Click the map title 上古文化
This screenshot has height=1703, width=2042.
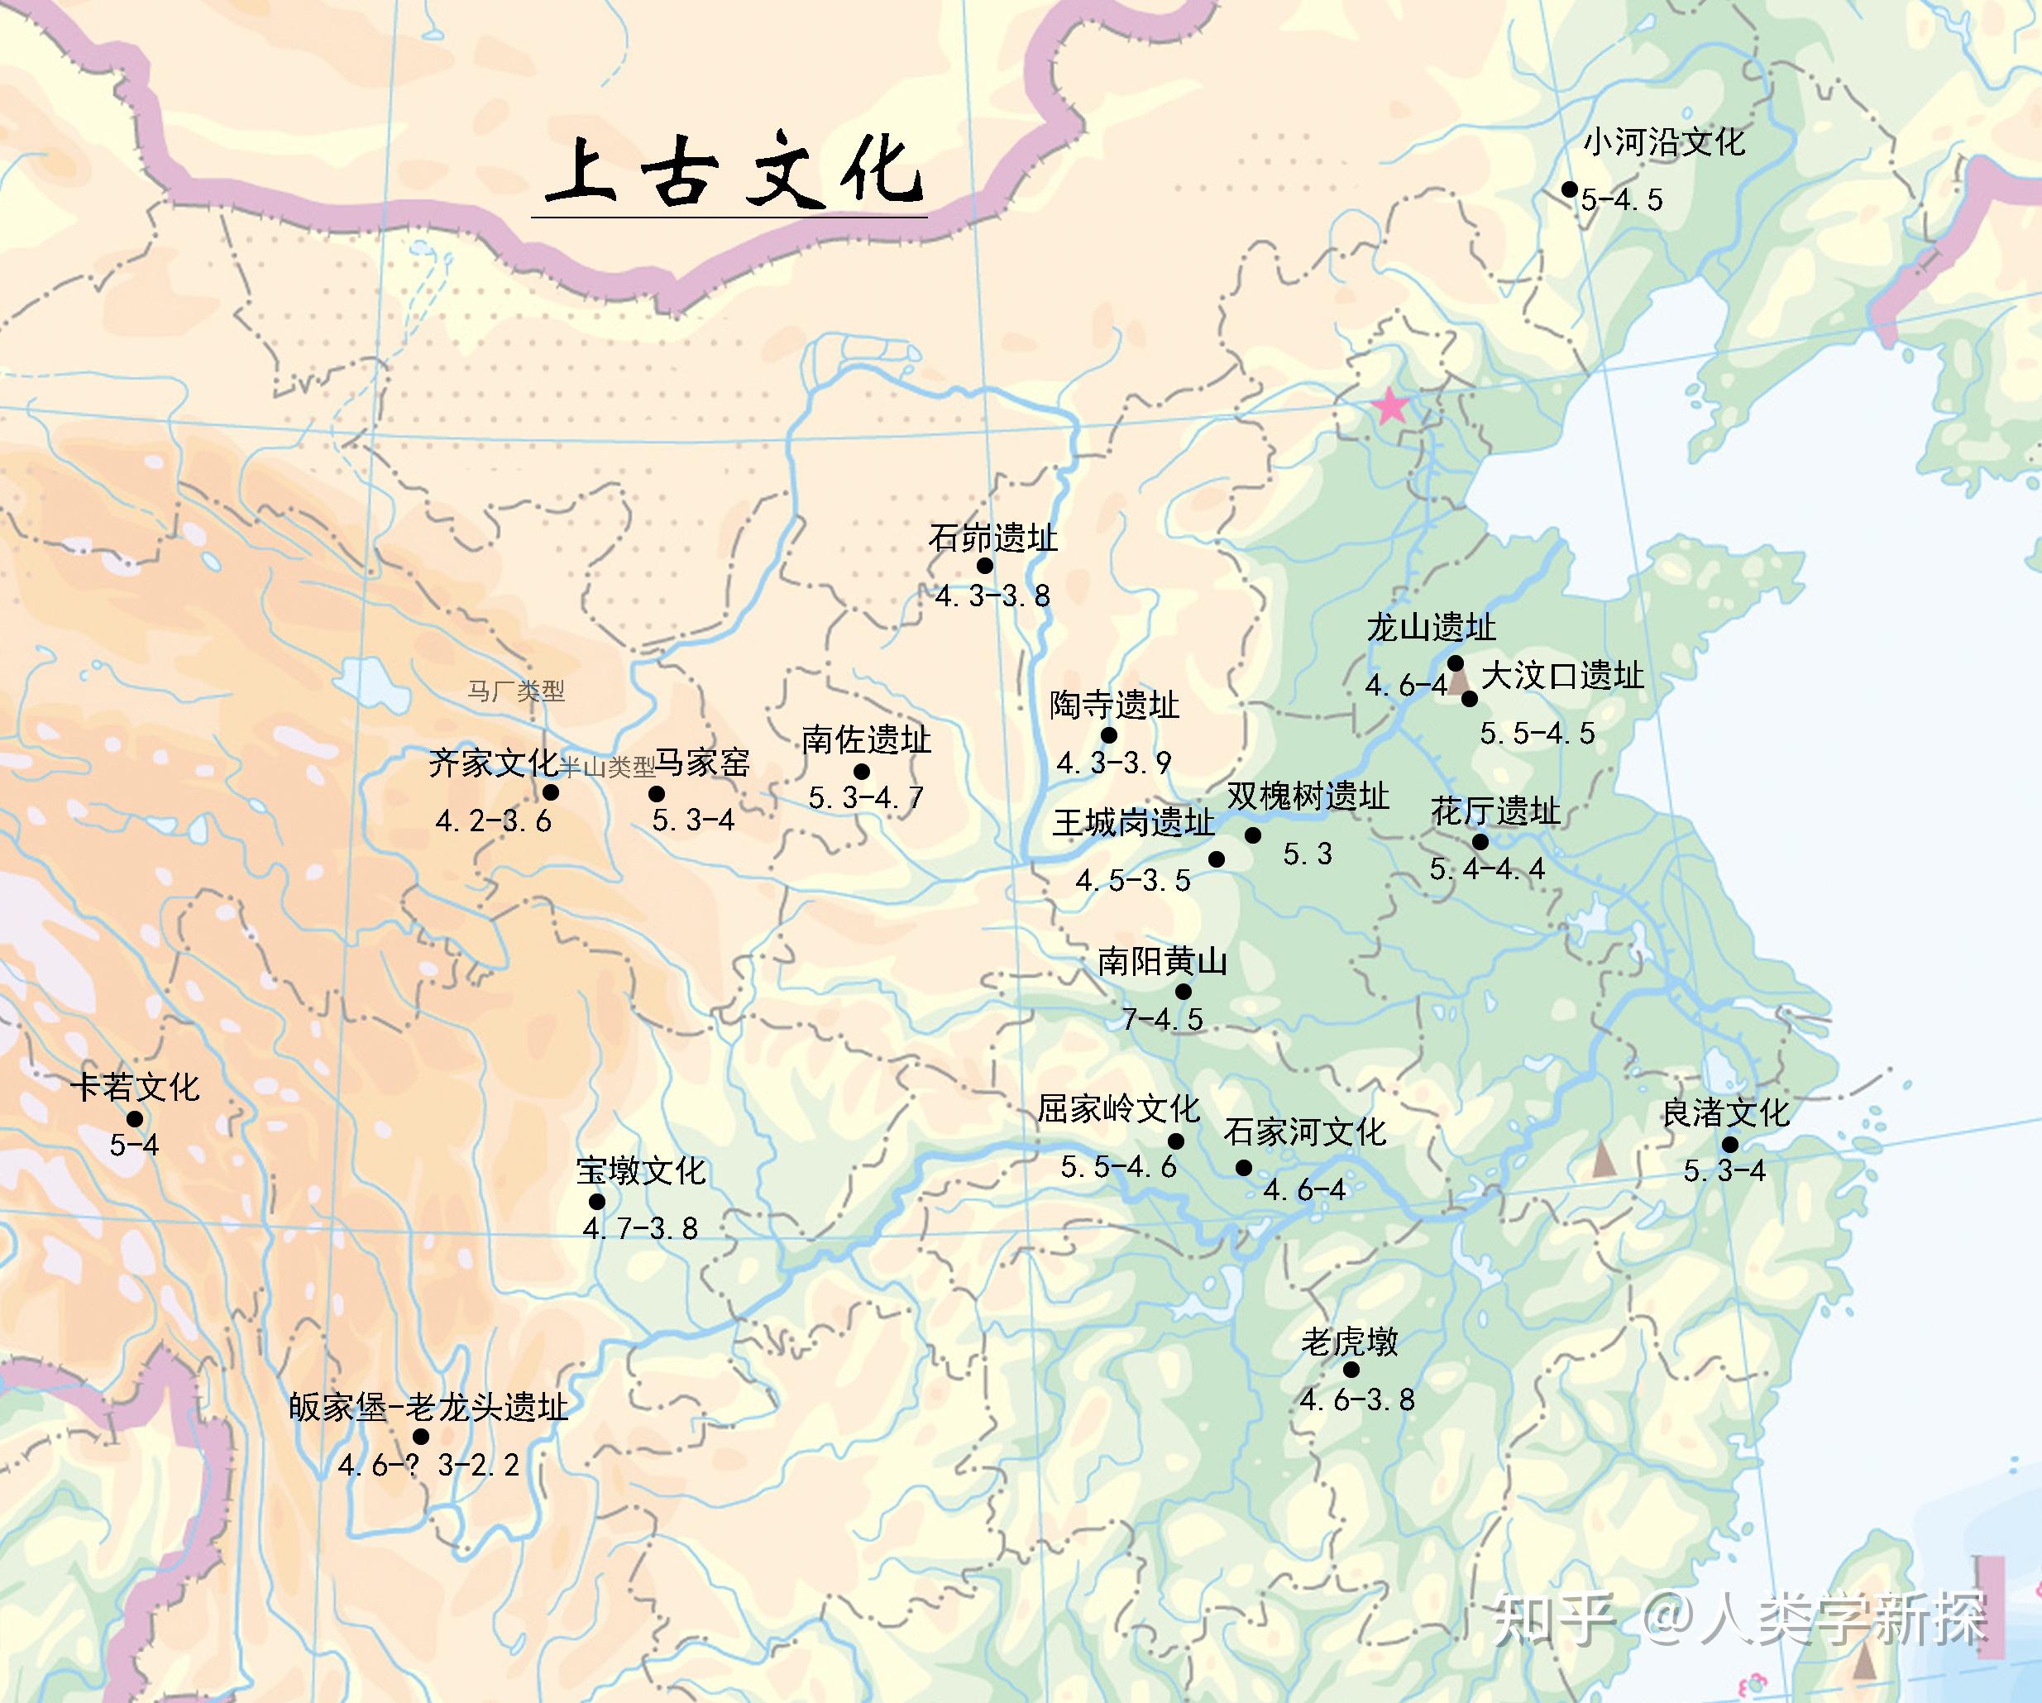click(731, 172)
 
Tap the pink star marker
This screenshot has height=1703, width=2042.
click(1390, 405)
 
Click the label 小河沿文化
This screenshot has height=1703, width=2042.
click(1664, 143)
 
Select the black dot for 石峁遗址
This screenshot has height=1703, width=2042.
click(985, 566)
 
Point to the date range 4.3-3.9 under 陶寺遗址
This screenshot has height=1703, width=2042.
click(1113, 763)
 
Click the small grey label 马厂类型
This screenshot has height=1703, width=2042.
click(515, 691)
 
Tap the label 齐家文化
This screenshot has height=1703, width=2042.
click(493, 763)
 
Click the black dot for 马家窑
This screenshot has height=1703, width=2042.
click(658, 794)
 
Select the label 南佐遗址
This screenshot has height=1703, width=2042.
click(867, 740)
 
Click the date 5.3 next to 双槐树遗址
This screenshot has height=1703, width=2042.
click(1307, 854)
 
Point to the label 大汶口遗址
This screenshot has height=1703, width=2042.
click(1562, 675)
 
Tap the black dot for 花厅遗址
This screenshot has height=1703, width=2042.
click(1480, 842)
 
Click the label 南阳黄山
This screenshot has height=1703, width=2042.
click(1162, 962)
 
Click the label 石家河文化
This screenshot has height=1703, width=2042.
click(1304, 1132)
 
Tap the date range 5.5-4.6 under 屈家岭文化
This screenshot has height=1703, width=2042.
click(1118, 1166)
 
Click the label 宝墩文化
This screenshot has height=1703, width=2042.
click(641, 1171)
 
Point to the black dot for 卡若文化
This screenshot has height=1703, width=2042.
click(135, 1119)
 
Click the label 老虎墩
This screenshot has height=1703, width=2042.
click(1350, 1342)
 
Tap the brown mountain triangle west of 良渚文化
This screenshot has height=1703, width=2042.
click(1604, 1160)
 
